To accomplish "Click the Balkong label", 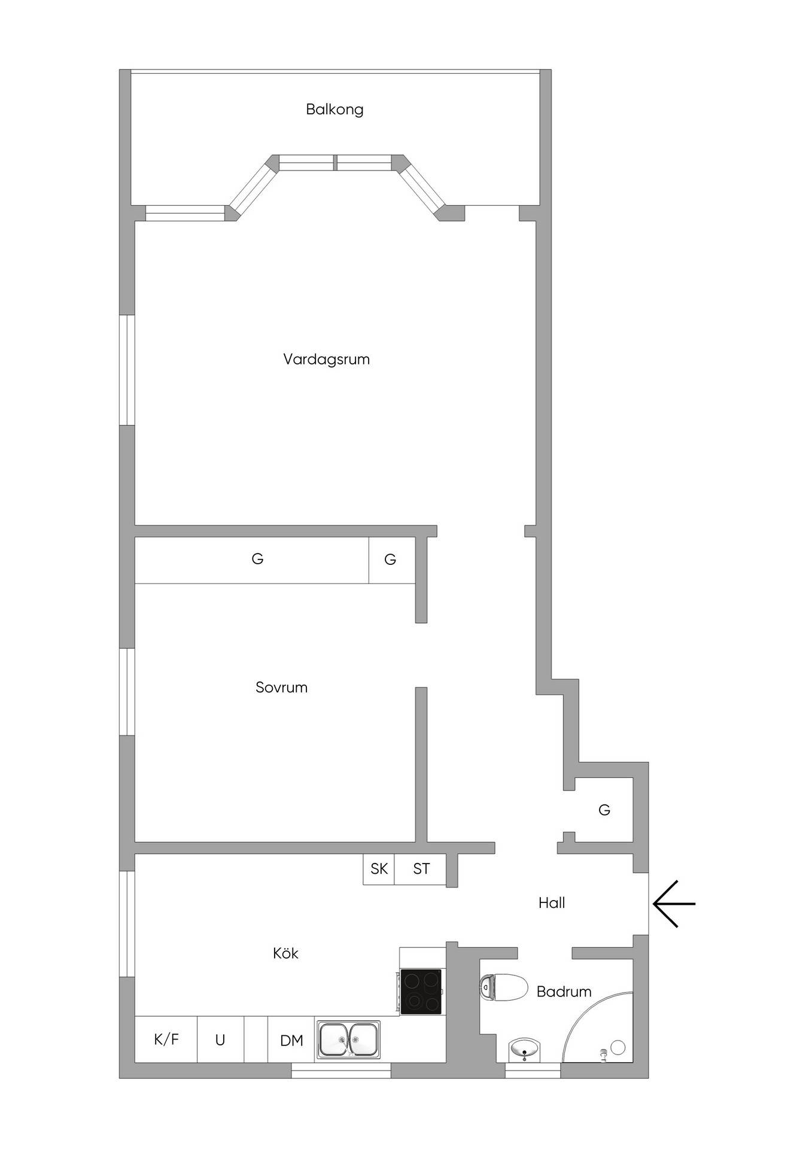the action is [x=334, y=110].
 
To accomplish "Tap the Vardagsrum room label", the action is [x=326, y=360].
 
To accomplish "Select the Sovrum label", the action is [x=281, y=688].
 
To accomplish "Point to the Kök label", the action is [x=285, y=953].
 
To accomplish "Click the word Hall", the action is [x=552, y=903].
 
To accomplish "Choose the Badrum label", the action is [x=564, y=992].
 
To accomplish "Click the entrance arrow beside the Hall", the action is [x=674, y=904].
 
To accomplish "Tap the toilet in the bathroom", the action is [x=504, y=987].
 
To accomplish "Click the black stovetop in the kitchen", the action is [x=421, y=992].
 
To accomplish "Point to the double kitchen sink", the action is [x=348, y=1040].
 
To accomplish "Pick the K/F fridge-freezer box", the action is [x=166, y=1039].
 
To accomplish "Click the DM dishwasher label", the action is [x=291, y=1041].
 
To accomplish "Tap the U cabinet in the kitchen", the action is [x=220, y=1039].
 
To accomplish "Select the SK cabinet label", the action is [x=379, y=869].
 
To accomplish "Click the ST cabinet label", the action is [x=421, y=869].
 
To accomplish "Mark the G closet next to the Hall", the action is [x=604, y=810].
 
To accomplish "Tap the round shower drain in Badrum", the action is [x=618, y=1047].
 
